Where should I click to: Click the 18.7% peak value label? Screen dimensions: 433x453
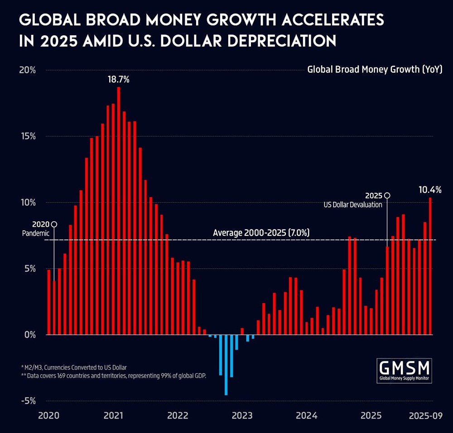tap(119, 80)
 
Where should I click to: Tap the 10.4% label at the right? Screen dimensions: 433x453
tap(430, 189)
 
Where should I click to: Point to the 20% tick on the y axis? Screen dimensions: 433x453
tap(28, 70)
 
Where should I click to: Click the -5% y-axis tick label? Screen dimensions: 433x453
tap(28, 401)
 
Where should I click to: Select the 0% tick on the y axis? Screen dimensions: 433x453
tap(29, 335)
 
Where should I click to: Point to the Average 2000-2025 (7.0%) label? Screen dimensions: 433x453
tap(261, 233)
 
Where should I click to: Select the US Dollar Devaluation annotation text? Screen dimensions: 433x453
tap(353, 205)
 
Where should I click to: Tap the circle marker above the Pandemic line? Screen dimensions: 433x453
tap(54, 224)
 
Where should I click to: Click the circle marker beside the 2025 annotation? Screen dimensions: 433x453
tap(387, 195)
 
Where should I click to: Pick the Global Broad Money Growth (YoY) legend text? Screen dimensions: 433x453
tap(375, 70)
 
